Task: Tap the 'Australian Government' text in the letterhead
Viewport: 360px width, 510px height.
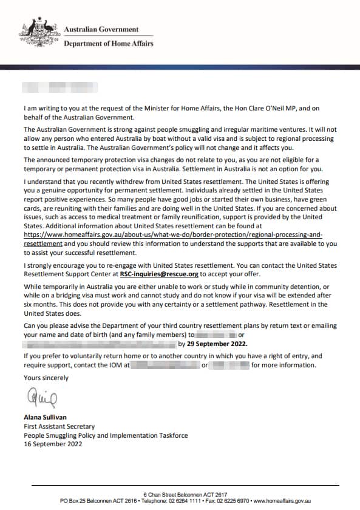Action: click(x=101, y=29)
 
